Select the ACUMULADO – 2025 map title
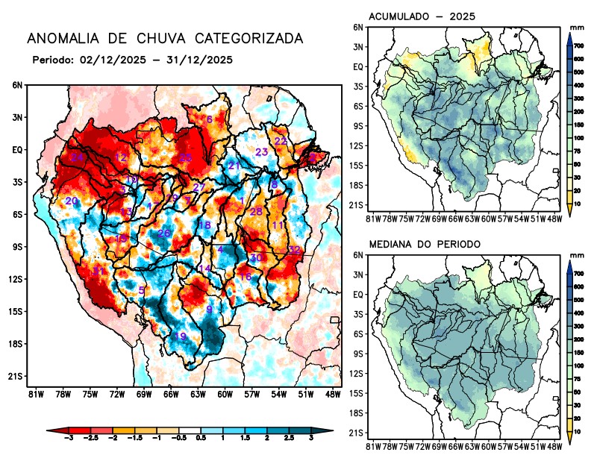422,16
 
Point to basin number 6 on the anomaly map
210,119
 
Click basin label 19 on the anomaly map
181,336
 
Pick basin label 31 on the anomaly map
99,270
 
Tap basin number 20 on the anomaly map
72,201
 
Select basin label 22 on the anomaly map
281,141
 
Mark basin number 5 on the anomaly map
142,290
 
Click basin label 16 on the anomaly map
246,277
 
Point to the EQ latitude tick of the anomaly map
17,149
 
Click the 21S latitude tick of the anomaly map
16,376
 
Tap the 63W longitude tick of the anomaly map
197,393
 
